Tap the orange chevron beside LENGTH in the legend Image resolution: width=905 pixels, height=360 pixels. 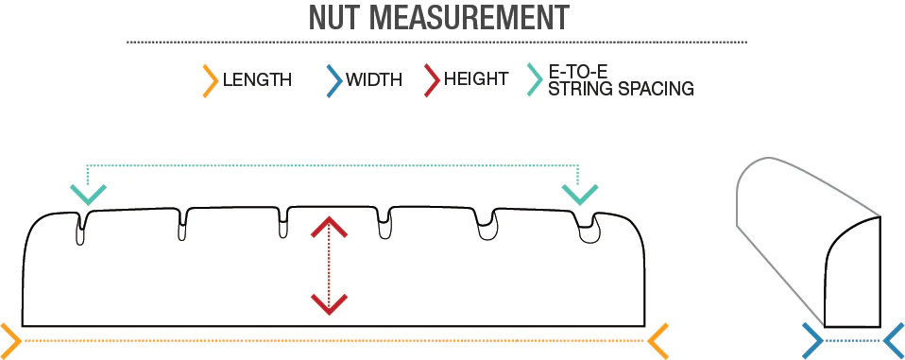(210, 80)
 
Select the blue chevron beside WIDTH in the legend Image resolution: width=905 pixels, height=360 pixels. (333, 80)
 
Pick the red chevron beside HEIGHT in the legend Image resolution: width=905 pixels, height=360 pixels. (432, 80)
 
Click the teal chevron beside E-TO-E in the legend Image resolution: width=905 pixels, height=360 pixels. (535, 80)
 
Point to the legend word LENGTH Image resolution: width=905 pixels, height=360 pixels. (257, 80)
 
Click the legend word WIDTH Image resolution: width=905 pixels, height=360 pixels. (374, 80)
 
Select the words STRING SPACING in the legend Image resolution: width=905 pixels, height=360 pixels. (622, 90)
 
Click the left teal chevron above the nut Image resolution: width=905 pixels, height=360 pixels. (88, 195)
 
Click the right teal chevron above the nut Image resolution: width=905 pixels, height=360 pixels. (579, 195)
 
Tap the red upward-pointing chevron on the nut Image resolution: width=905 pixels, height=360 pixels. (329, 228)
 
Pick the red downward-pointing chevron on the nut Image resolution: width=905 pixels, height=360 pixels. (329, 303)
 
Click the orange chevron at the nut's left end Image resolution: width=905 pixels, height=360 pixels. (11, 339)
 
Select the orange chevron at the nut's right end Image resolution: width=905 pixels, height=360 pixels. (659, 339)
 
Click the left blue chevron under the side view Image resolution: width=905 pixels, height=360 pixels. (811, 339)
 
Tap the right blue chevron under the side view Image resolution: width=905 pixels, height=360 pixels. (894, 339)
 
